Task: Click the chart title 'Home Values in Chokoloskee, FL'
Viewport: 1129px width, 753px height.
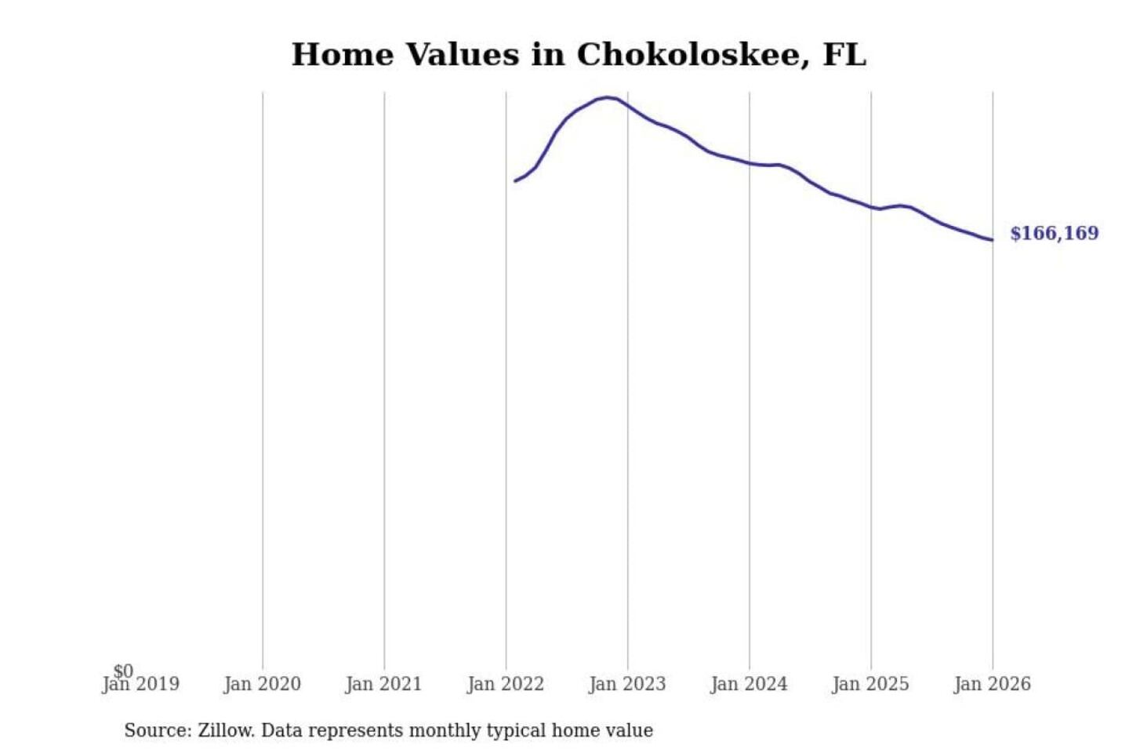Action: pos(579,55)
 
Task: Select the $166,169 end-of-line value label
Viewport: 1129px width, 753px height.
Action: pos(1054,233)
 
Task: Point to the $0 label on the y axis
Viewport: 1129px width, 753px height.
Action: pos(123,671)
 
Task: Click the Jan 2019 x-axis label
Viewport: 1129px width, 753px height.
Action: pos(141,684)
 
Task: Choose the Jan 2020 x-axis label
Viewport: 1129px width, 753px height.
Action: pos(262,684)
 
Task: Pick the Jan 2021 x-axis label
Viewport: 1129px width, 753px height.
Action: pos(383,684)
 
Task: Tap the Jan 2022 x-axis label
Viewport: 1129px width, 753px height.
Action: pos(505,684)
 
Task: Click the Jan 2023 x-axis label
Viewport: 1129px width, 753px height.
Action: pos(626,684)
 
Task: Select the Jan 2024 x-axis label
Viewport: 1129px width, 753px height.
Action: pos(749,684)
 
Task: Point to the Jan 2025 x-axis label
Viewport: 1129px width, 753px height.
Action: pos(870,684)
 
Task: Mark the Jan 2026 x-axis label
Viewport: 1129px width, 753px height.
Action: pos(992,684)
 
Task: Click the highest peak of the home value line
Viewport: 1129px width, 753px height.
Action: pos(608,97)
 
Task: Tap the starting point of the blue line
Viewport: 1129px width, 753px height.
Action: pos(515,181)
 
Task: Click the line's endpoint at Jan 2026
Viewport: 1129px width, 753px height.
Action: pos(992,240)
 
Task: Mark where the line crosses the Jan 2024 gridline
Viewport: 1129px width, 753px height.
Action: pos(749,163)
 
